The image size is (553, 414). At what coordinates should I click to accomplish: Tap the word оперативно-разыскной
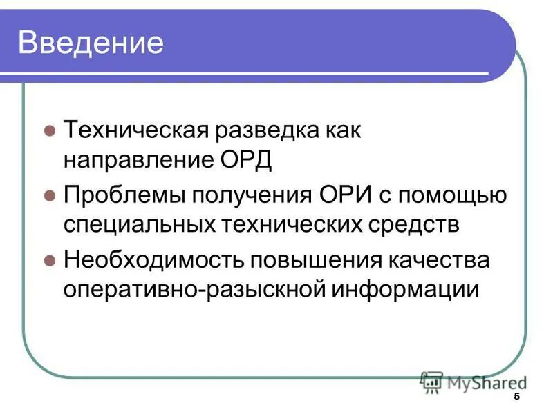coord(194,289)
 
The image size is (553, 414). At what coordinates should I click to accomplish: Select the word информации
coord(406,289)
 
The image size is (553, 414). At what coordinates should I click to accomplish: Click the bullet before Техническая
coord(49,131)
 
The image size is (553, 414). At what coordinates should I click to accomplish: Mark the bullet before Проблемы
coord(49,195)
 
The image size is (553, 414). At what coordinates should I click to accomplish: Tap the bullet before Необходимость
coord(49,260)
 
